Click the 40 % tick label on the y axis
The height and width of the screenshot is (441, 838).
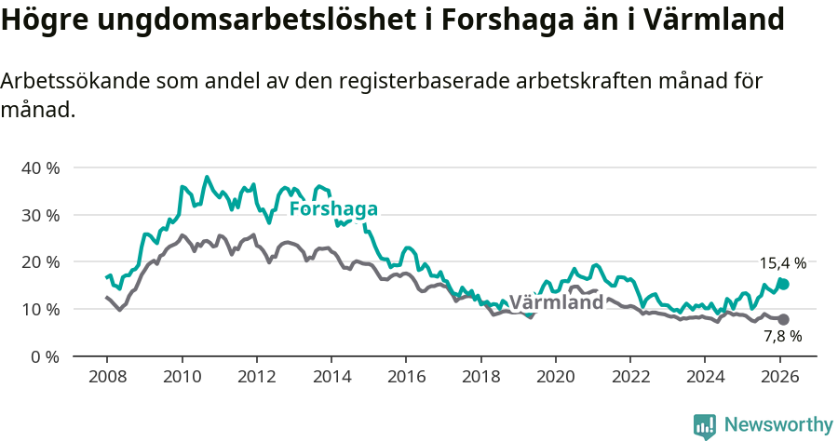pyautogui.click(x=40, y=168)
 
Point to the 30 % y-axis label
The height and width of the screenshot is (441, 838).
pyautogui.click(x=40, y=215)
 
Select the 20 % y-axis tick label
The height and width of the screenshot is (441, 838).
pyautogui.click(x=40, y=262)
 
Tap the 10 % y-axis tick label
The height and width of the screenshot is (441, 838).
pyautogui.click(x=40, y=310)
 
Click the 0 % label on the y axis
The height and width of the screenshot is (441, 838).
pyautogui.click(x=45, y=356)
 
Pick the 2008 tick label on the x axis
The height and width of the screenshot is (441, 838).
pyautogui.click(x=107, y=377)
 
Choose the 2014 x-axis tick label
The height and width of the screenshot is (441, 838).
pyautogui.click(x=331, y=377)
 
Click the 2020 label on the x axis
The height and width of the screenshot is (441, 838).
pyautogui.click(x=555, y=377)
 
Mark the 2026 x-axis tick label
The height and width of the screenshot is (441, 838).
pyautogui.click(x=779, y=377)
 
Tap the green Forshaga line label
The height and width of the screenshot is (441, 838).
pyautogui.click(x=333, y=208)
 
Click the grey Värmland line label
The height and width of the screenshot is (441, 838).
pyautogui.click(x=556, y=303)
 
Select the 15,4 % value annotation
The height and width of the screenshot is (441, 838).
pyautogui.click(x=782, y=263)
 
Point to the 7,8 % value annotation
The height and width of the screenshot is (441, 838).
pyautogui.click(x=782, y=336)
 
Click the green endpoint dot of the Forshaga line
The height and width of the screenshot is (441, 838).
pyautogui.click(x=784, y=284)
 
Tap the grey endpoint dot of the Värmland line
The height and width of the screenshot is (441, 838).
pyautogui.click(x=784, y=319)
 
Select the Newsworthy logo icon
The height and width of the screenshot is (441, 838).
pyautogui.click(x=705, y=426)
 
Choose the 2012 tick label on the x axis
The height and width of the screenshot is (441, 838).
pyautogui.click(x=256, y=377)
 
